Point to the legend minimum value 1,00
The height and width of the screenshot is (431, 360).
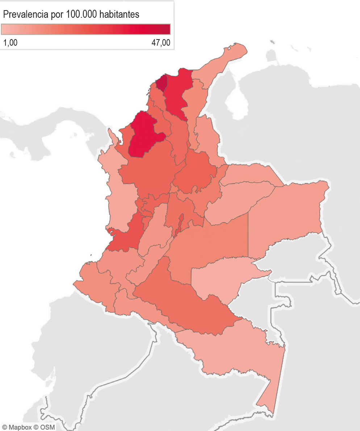click(x=10, y=42)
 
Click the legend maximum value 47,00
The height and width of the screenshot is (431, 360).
click(x=160, y=42)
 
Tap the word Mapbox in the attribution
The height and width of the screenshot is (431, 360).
click(x=20, y=427)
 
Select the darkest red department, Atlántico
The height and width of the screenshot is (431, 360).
click(x=162, y=83)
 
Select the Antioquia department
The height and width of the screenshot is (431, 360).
click(x=152, y=170)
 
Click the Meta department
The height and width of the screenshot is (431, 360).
click(x=210, y=243)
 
